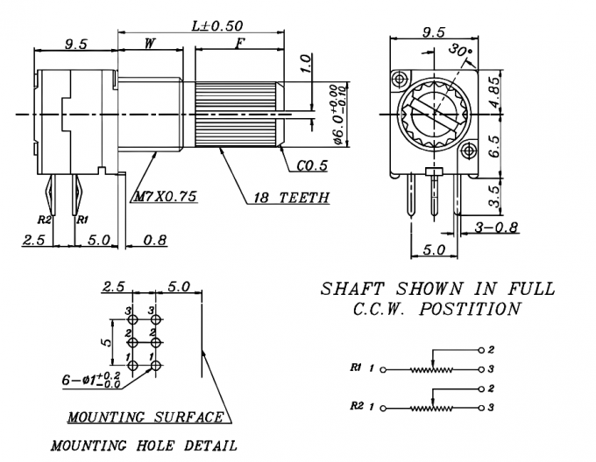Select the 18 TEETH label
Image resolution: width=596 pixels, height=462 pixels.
pos(291,198)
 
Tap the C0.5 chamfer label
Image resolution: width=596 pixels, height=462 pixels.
pos(311,164)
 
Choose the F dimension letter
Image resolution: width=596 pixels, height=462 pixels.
pos(238,41)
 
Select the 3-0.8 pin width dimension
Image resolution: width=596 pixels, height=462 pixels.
pos(496,227)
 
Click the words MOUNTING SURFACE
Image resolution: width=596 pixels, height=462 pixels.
pos(145,417)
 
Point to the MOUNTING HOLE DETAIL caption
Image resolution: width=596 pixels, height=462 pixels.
pos(144,445)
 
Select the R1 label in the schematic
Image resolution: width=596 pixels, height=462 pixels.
pos(356,367)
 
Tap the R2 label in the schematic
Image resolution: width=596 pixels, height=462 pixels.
pos(356,406)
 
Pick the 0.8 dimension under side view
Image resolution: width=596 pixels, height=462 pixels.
pos(156,239)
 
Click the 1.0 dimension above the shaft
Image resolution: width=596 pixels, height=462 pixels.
pos(305,64)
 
